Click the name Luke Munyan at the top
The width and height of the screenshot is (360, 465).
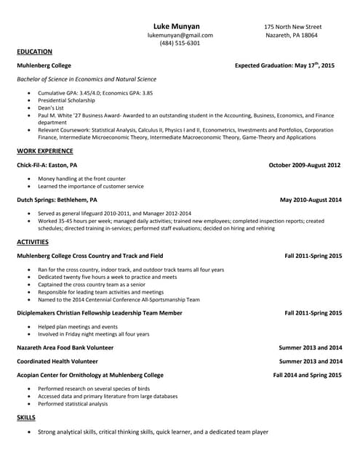point(180,25)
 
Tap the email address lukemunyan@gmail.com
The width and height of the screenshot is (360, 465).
point(180,35)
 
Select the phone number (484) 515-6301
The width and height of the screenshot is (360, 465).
point(180,44)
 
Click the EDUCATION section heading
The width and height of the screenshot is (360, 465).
point(34,52)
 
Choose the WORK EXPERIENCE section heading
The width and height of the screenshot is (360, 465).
point(45,151)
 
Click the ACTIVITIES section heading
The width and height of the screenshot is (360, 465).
point(33,242)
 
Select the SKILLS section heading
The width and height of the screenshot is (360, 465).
point(26,418)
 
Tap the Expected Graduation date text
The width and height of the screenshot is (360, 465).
point(284,65)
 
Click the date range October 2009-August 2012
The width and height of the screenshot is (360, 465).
point(305,166)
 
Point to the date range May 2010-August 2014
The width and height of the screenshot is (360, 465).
point(311,199)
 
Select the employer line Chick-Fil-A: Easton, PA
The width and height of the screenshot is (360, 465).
point(47,166)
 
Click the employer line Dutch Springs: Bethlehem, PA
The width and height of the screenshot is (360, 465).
point(57,199)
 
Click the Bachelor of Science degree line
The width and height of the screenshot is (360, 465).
point(86,79)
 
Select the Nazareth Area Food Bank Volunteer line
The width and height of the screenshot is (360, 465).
point(65,348)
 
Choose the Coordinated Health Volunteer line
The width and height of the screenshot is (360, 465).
point(57,361)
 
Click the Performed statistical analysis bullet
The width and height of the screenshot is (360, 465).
point(73,404)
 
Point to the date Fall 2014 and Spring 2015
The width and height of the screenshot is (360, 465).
point(307,375)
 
